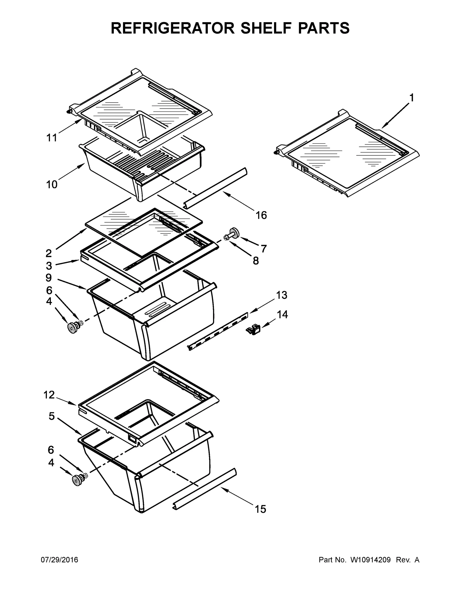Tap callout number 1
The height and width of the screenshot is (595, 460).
[x=411, y=98]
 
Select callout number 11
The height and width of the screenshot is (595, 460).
[x=52, y=138]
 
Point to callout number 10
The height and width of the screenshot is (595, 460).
[x=52, y=184]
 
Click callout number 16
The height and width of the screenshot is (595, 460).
[x=261, y=215]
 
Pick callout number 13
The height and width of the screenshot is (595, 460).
[x=281, y=295]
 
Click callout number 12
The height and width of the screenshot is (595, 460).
[x=49, y=395]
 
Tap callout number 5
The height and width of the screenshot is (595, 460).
[x=51, y=416]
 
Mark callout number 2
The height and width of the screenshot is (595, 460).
[x=49, y=253]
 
